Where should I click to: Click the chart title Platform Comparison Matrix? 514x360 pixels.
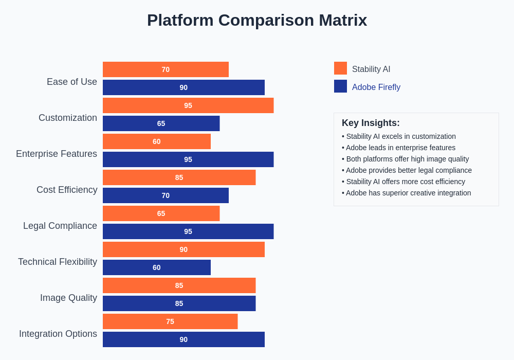coord(257,20)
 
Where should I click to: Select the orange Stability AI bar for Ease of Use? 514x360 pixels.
coord(166,69)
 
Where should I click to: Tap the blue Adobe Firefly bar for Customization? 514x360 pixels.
coord(161,123)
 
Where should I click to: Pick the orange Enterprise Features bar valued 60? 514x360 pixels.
coord(156,141)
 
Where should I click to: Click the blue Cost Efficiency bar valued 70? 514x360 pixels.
coord(166,195)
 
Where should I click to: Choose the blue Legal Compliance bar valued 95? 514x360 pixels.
coord(188,231)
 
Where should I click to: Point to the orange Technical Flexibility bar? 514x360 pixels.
coord(183,249)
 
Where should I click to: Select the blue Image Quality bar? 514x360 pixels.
coord(179,303)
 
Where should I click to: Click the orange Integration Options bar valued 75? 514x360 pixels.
coord(170,321)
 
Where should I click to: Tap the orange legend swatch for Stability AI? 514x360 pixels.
coord(340,68)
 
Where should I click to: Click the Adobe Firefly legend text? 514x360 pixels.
coord(376,87)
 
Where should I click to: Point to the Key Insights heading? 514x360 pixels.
coord(371,123)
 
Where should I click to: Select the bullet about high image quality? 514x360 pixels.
coord(406,159)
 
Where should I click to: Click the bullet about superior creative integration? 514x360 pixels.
coord(407,193)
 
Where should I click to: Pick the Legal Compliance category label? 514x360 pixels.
coord(60,226)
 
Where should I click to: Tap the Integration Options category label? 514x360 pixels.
coord(58,334)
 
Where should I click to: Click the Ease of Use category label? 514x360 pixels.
coord(72,82)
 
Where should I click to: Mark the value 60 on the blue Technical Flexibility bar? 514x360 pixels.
coord(156,267)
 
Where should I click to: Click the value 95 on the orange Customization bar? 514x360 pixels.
coord(188,105)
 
